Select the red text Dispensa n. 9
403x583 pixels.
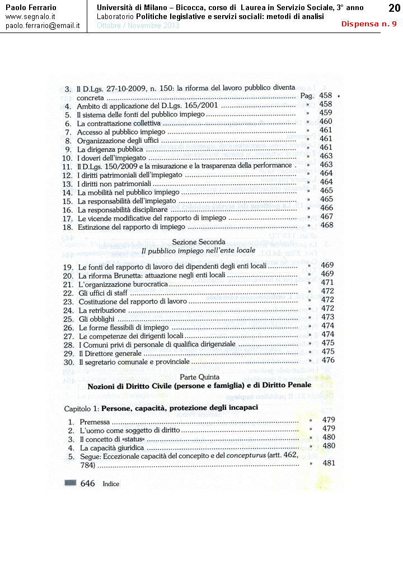(369, 24)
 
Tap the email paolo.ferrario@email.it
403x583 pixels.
(43, 26)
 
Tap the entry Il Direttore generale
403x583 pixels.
(110, 354)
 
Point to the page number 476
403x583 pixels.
(328, 360)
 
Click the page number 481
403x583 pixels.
(329, 463)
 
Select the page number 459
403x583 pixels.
(326, 113)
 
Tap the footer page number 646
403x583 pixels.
(88, 483)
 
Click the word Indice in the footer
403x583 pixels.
(111, 484)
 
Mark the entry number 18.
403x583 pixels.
(68, 227)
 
